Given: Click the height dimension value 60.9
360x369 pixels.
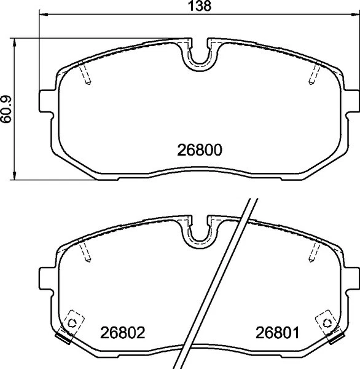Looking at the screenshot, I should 7,109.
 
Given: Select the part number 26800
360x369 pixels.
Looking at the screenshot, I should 199,149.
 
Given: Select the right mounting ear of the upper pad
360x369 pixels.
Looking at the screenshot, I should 351,101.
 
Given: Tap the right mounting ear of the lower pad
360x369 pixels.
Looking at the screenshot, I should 351,278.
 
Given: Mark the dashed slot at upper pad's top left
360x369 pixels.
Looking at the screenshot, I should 86,76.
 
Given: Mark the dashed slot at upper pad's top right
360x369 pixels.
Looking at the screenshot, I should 312,76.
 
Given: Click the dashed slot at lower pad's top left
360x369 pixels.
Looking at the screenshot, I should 86,252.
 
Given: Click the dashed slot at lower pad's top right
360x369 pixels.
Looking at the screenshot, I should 312,252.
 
